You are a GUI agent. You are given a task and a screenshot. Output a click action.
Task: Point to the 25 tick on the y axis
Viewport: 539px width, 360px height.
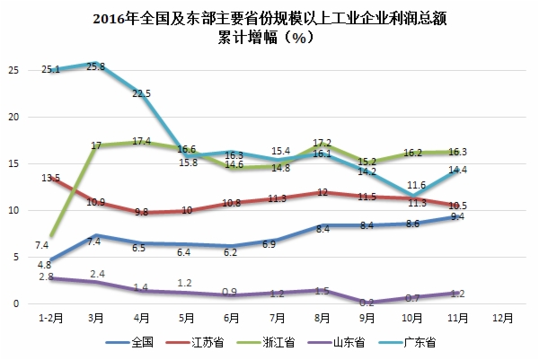point(12,70)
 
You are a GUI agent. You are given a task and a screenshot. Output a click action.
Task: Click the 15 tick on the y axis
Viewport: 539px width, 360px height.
point(12,163)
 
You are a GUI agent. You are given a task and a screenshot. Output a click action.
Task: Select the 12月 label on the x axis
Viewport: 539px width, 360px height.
point(502,318)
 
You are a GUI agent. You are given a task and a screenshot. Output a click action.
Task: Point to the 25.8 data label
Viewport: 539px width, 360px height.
point(94,66)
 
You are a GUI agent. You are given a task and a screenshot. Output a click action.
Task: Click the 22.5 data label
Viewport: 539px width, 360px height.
point(141,93)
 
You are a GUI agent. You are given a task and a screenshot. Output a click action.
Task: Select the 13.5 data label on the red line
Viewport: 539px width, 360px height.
point(50,179)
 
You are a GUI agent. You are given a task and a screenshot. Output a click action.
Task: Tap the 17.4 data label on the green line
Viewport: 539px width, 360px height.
point(141,141)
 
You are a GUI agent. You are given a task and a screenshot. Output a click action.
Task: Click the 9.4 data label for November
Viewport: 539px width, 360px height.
point(457,217)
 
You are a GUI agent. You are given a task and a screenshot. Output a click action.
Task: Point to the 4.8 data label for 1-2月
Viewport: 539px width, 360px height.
point(45,265)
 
